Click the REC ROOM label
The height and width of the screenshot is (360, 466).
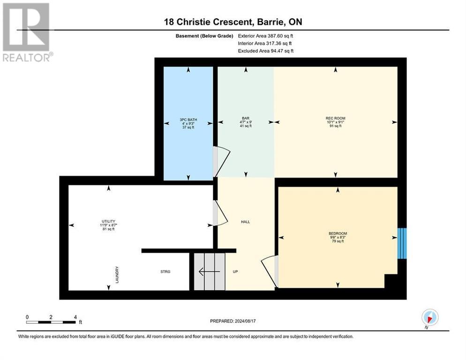(335, 118)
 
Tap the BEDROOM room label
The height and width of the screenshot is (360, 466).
(338, 233)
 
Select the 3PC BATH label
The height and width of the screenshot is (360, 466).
(188, 120)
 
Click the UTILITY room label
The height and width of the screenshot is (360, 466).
(108, 221)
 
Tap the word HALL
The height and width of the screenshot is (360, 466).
(245, 222)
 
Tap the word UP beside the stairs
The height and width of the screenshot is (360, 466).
(236, 271)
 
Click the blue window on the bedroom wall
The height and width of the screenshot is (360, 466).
(402, 243)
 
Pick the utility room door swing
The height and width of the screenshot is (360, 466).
(219, 213)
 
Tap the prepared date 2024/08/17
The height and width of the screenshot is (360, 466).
(233, 321)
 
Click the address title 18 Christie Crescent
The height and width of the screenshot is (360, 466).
(233, 22)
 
